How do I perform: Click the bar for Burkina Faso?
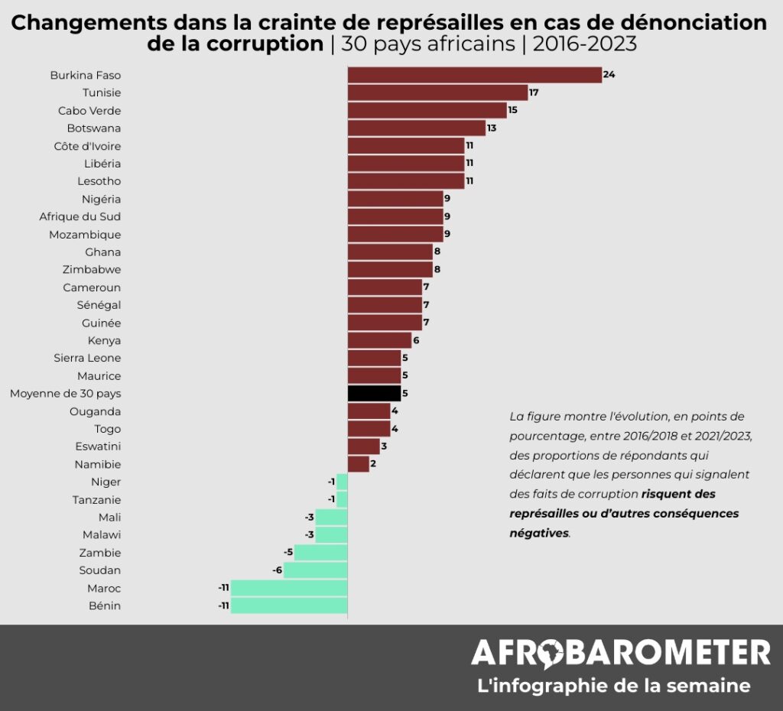[474, 75]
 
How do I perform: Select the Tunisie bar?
[437, 93]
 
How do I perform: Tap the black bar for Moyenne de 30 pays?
[374, 394]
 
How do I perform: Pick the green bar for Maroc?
[289, 588]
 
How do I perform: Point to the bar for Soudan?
[315, 570]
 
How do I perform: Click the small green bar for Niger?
[342, 482]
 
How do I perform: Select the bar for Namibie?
[358, 464]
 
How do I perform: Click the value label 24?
[609, 75]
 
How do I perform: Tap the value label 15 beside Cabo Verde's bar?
[513, 110]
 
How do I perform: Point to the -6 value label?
[277, 570]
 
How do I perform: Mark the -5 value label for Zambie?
[288, 553]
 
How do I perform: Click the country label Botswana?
[93, 128]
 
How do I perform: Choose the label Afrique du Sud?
[80, 216]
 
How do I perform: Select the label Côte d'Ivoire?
[87, 146]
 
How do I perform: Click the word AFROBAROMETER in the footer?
[620, 653]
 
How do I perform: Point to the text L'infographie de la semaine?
[613, 686]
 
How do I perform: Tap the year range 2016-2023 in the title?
[584, 44]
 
